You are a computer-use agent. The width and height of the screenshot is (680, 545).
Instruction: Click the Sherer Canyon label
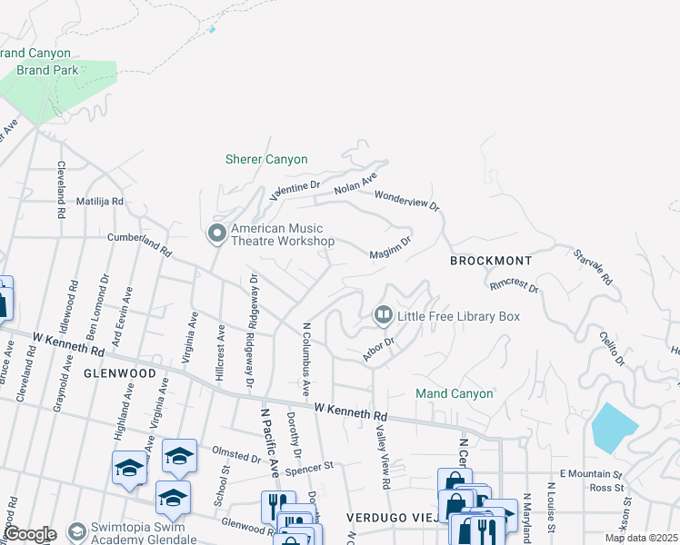[x=266, y=160]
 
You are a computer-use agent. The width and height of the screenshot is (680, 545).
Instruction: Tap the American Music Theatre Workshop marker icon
[x=217, y=234]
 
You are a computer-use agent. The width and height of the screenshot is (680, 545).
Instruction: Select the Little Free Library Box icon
[x=383, y=315]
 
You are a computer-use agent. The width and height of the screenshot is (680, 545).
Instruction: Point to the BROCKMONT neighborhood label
[x=491, y=261]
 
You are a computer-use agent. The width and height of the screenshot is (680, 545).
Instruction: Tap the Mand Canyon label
[x=455, y=394]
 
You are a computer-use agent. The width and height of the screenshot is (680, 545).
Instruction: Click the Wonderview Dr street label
[x=406, y=199]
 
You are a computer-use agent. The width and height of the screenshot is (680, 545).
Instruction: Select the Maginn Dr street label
[x=391, y=247]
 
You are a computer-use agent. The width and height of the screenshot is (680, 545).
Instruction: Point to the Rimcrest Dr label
[x=515, y=286]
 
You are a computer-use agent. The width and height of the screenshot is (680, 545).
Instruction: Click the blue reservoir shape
[x=615, y=425]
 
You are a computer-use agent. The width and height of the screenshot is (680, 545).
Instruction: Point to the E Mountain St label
[x=590, y=474]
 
